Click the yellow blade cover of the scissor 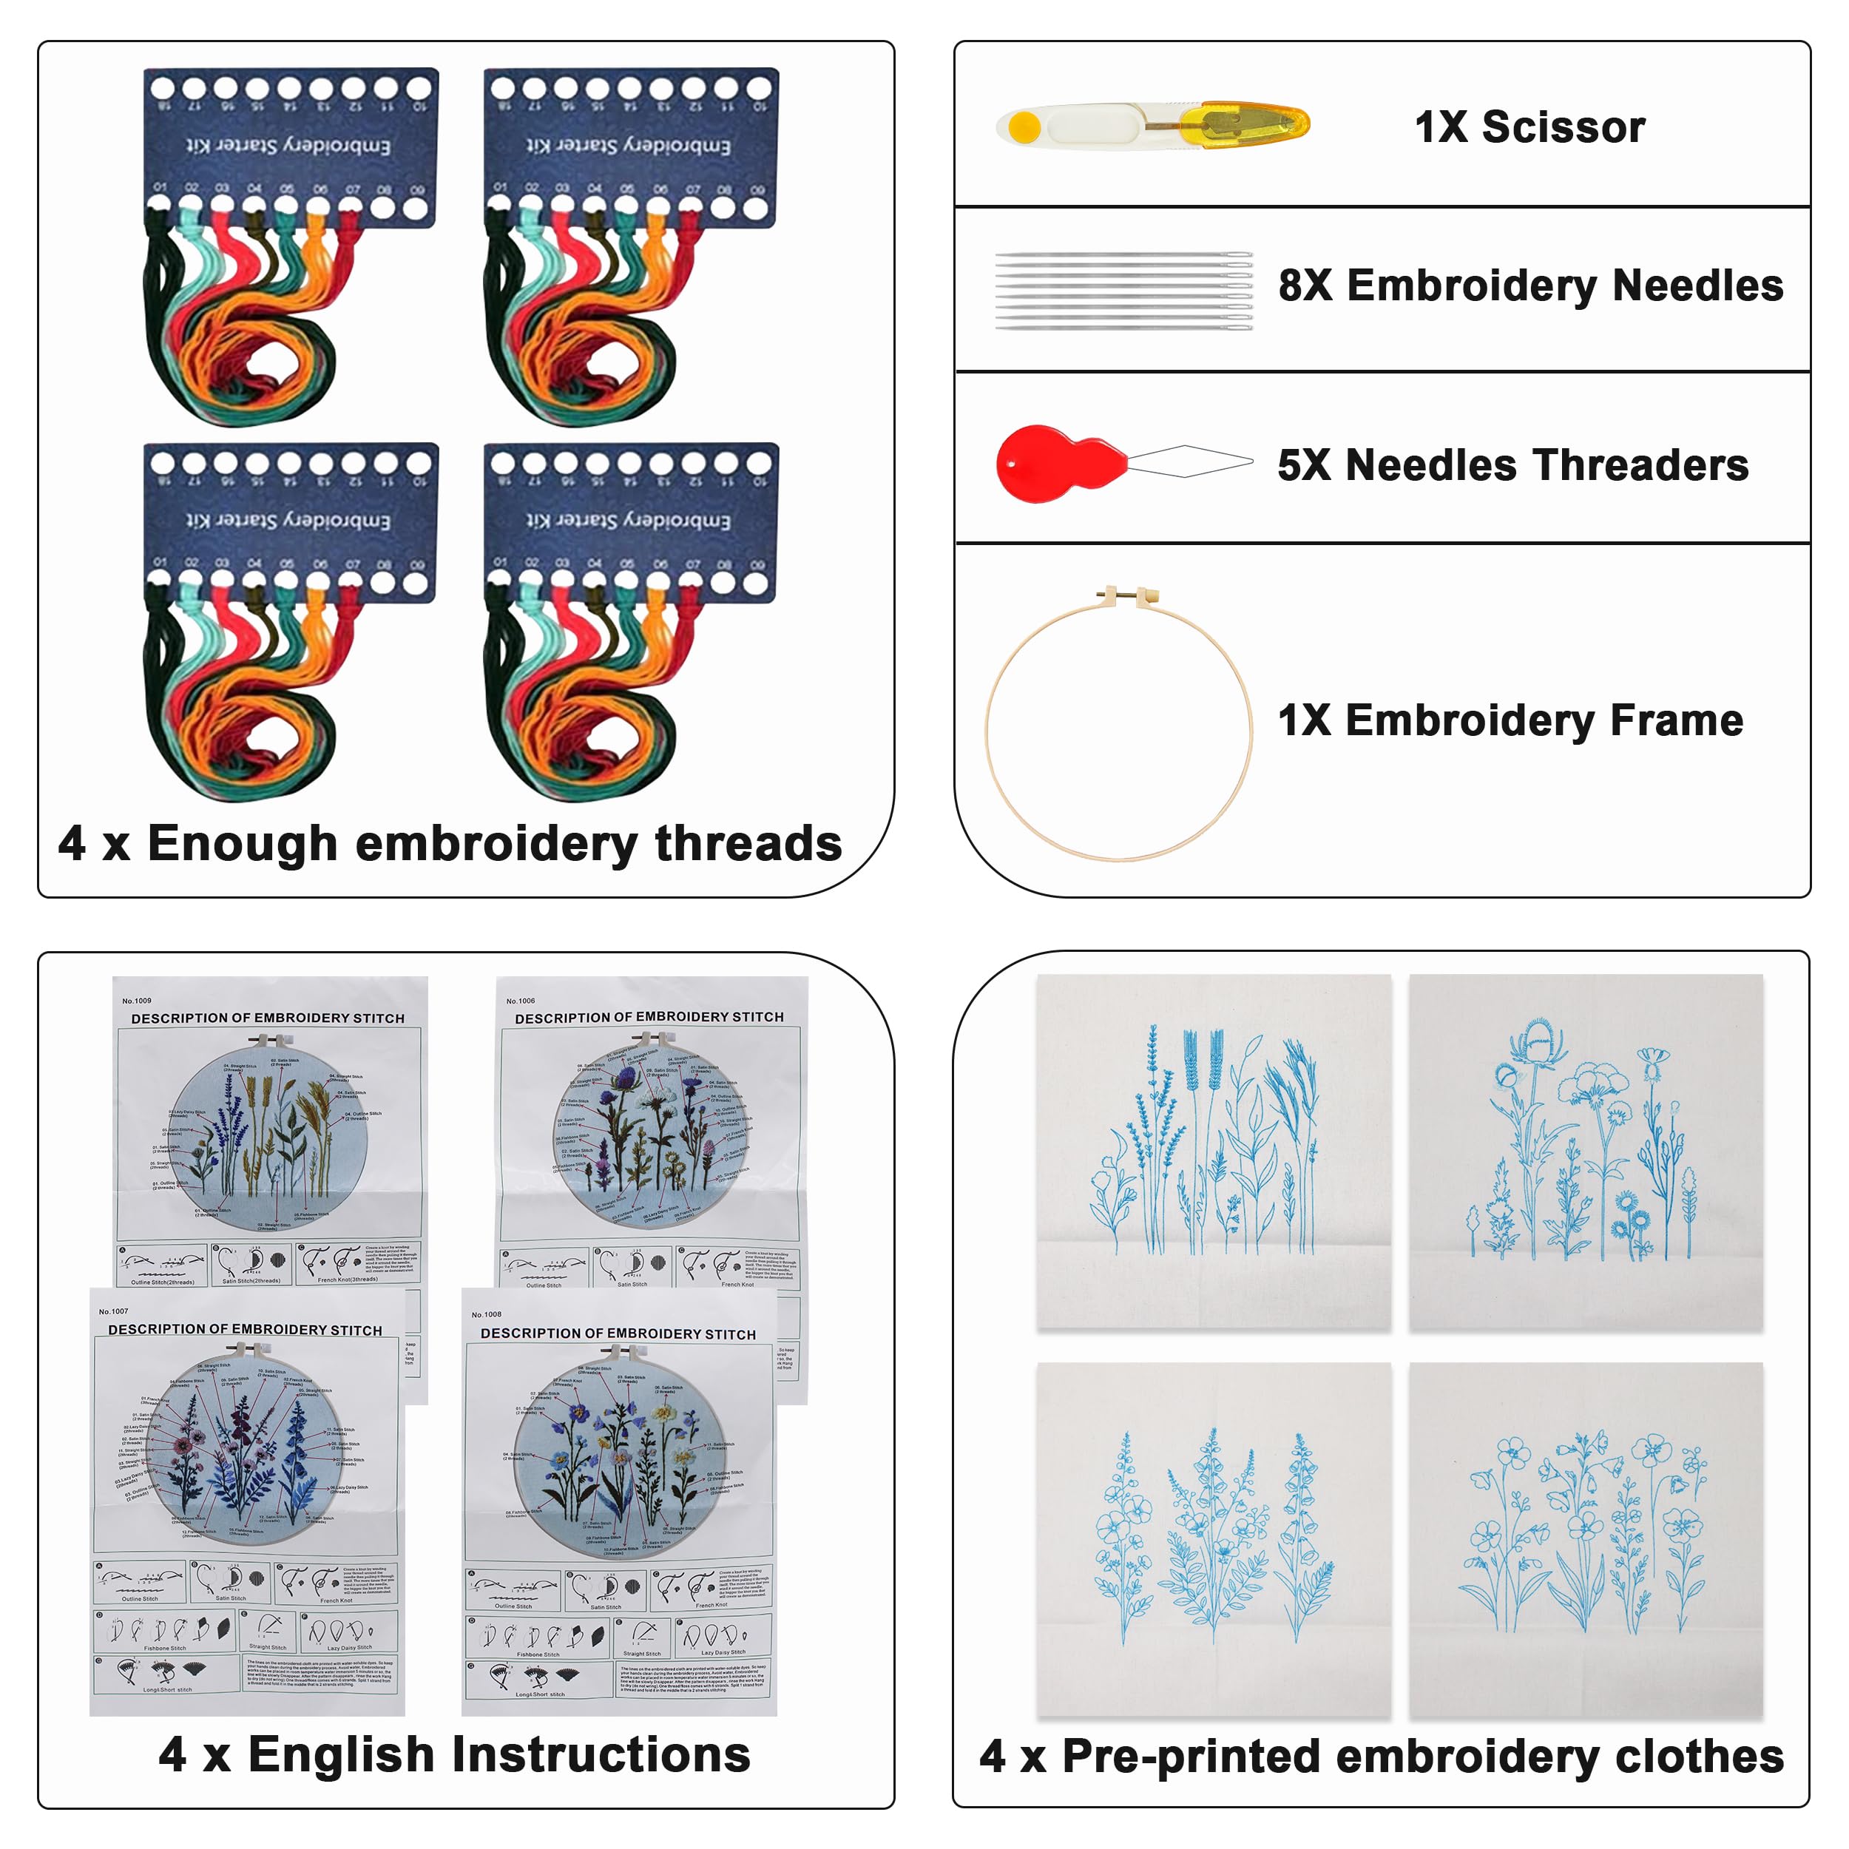(1244, 126)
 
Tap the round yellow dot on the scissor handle (1024, 126)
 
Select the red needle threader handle (1052, 463)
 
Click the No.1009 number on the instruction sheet (137, 1000)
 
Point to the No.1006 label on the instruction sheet (521, 1000)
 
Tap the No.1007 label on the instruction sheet (113, 1311)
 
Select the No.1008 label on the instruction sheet (486, 1314)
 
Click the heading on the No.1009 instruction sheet (268, 1018)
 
